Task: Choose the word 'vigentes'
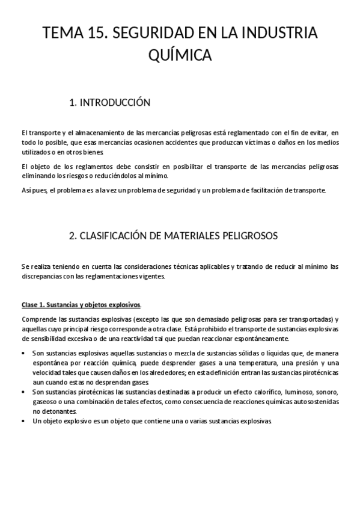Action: tap(148, 277)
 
